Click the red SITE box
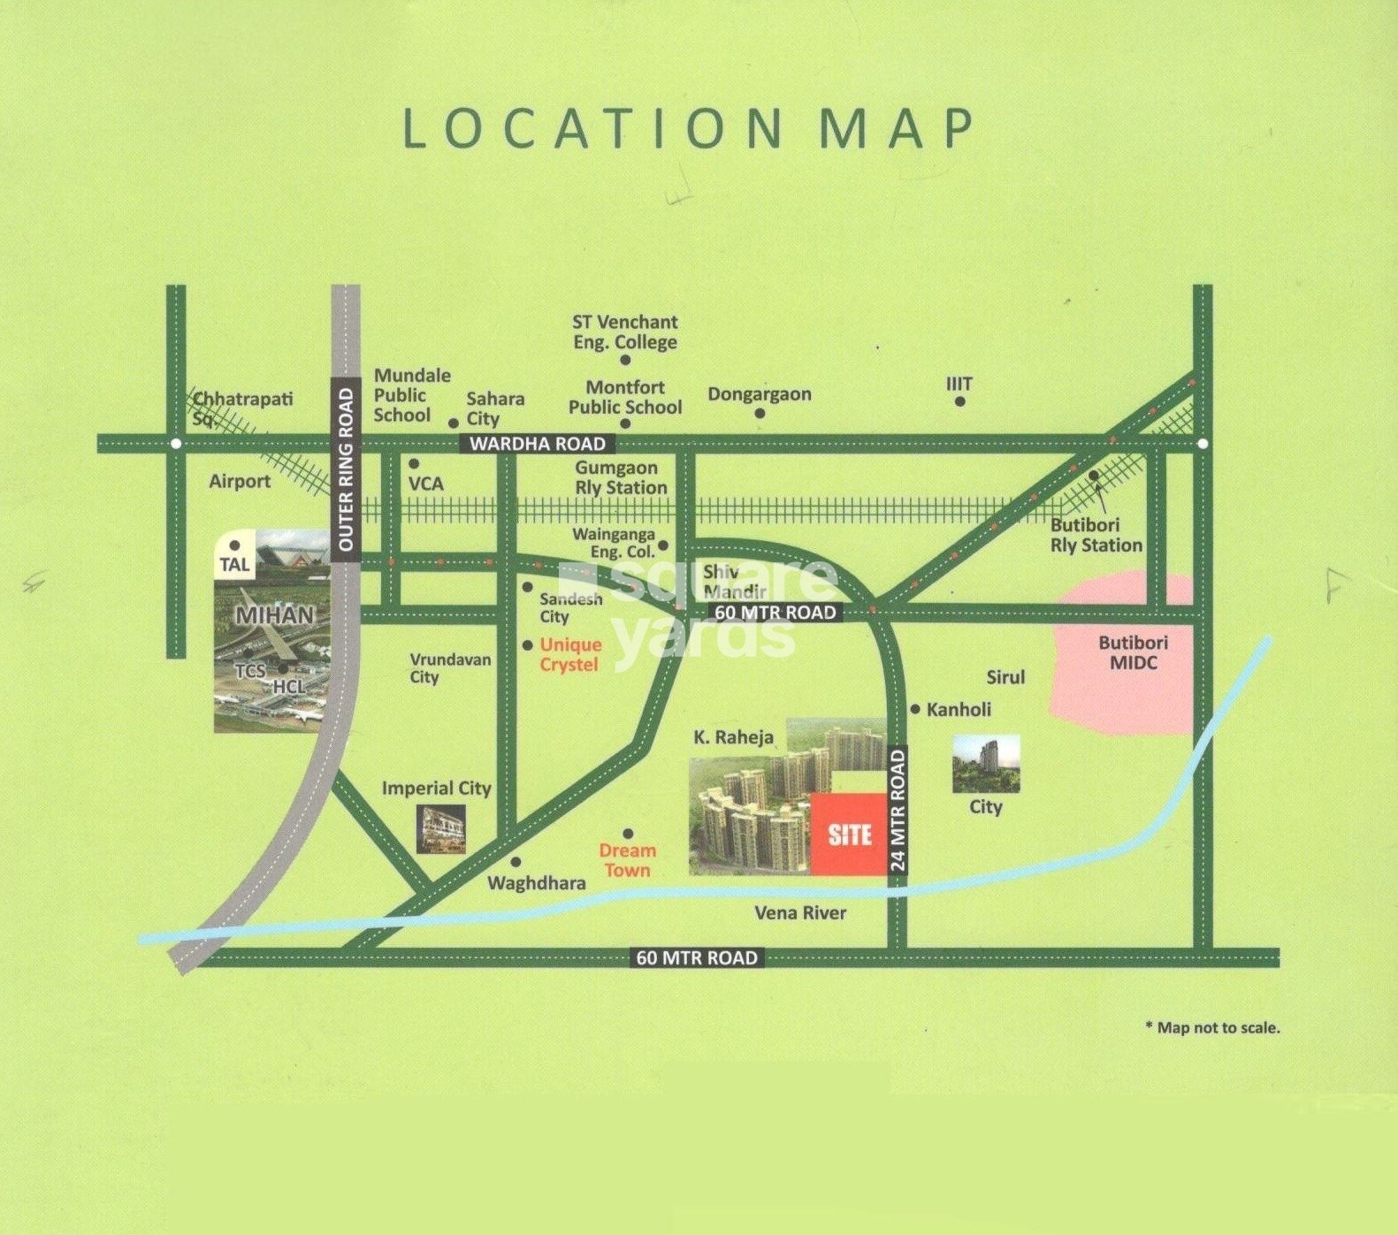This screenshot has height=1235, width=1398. [x=849, y=834]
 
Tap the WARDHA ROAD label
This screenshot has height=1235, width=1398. [x=537, y=444]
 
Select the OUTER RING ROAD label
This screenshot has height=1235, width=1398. [x=346, y=469]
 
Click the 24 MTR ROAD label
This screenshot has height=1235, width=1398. [x=898, y=811]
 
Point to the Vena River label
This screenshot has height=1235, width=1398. [x=799, y=912]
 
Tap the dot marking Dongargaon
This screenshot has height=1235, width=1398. [x=760, y=414]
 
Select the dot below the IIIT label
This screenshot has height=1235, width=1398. [x=959, y=402]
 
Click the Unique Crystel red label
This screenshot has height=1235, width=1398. [x=569, y=654]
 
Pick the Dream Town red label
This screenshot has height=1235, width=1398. [x=627, y=859]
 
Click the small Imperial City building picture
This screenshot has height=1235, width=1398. [x=440, y=829]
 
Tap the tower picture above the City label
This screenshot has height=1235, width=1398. [x=985, y=764]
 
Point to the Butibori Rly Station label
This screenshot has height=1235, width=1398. [x=1096, y=535]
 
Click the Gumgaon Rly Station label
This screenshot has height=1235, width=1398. [x=620, y=477]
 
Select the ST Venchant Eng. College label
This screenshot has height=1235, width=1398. [x=624, y=332]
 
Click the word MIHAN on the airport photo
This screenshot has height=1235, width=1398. [x=274, y=614]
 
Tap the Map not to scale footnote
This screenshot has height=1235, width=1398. [x=1212, y=1027]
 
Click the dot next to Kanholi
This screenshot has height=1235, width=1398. [x=915, y=709]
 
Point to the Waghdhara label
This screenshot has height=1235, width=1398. [x=536, y=882]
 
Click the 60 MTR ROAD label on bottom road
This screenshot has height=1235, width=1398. [x=696, y=957]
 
